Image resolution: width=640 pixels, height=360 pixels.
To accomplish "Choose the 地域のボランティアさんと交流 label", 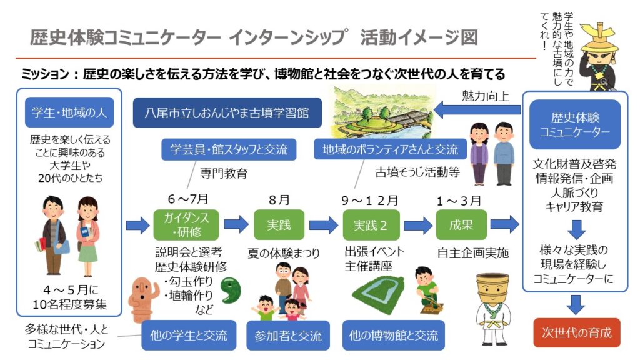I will point(390,150).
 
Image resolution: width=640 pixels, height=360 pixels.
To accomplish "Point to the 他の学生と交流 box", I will point(188,335).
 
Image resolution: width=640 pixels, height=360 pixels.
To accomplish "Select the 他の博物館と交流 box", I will point(393,335).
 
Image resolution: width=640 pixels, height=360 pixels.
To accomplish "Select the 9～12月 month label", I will point(370,201).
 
